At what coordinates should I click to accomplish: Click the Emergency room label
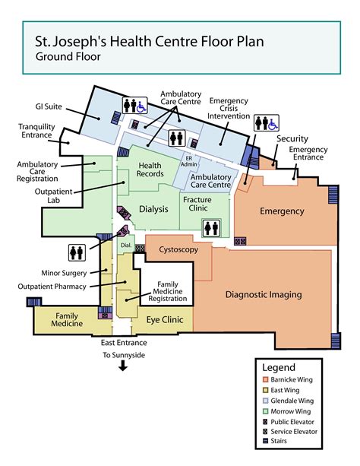tap(282, 211)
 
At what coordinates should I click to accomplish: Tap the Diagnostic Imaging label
tap(264, 294)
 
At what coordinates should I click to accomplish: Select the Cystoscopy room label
tap(178, 249)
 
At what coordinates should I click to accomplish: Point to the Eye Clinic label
tap(165, 321)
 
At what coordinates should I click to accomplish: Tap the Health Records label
tap(151, 170)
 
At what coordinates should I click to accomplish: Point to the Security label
tap(292, 138)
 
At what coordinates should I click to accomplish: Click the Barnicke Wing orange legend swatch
tap(264, 379)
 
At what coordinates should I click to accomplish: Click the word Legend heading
tap(278, 366)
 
